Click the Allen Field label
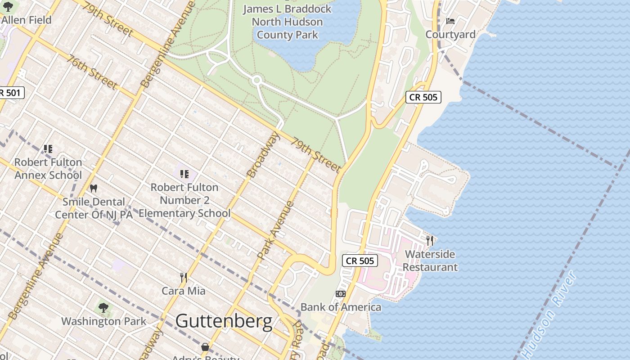[x=27, y=20]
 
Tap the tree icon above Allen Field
[x=8, y=7]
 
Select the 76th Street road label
[x=92, y=72]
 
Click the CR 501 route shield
[x=10, y=93]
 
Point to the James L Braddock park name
[x=287, y=22]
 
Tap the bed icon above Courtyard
[x=450, y=21]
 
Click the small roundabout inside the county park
[x=257, y=80]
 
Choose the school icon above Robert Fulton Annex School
[x=48, y=148]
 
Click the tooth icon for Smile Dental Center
[x=94, y=188]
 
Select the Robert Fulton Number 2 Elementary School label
[x=184, y=200]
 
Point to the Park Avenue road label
[x=276, y=230]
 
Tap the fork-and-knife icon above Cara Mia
[x=184, y=277]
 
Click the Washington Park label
[x=103, y=321]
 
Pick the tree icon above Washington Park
[x=103, y=308]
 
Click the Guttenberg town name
[x=224, y=321]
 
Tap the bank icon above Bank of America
[x=341, y=294]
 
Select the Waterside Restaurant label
[x=430, y=261]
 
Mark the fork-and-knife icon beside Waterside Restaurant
[x=430, y=240]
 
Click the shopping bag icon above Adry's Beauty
[x=205, y=346]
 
